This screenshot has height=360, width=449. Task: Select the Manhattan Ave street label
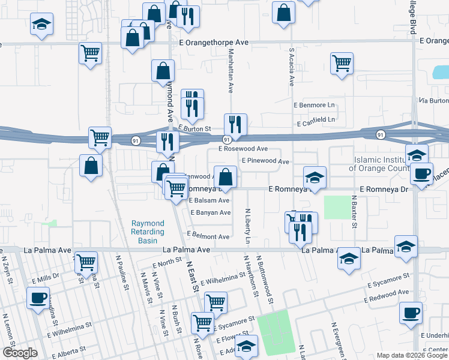pos(230,71)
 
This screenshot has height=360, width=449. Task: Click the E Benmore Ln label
pos(313,105)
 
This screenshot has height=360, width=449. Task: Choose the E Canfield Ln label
pos(316,120)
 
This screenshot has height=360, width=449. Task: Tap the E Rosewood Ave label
pos(243,148)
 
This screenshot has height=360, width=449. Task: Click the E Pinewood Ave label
pos(265,161)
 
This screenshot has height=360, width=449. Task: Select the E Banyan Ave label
pos(210,212)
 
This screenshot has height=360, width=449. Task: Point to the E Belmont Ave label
pos(208,236)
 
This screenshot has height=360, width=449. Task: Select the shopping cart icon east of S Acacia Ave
pos(342,63)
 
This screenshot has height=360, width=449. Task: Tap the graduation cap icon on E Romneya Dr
pos(314,176)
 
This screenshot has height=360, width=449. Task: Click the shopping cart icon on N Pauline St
pos(86,262)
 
